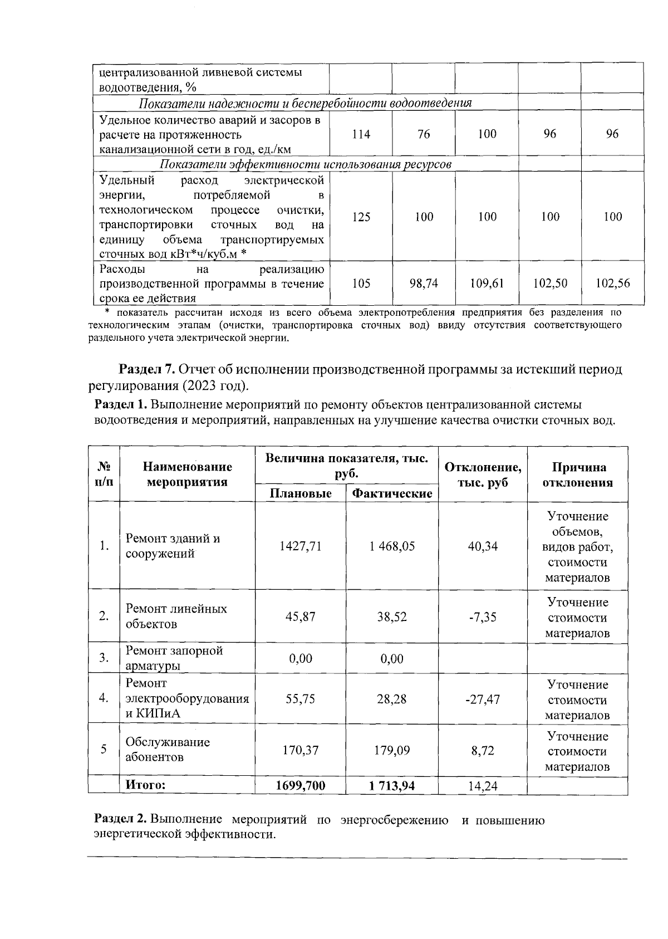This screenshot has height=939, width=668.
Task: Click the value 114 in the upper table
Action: (x=361, y=134)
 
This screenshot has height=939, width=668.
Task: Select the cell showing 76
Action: (x=424, y=134)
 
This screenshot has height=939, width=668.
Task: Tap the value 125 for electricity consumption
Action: (x=361, y=217)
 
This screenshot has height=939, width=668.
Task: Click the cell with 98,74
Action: (x=424, y=283)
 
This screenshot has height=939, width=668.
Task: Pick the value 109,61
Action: (x=487, y=283)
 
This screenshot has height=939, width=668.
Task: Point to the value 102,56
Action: (x=612, y=283)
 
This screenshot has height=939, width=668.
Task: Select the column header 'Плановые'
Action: (x=301, y=493)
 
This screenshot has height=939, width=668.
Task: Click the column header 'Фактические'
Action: (x=392, y=493)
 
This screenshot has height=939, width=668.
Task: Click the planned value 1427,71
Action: (x=301, y=546)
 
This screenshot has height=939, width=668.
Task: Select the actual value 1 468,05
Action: (x=392, y=546)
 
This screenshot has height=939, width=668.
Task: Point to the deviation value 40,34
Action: (x=483, y=546)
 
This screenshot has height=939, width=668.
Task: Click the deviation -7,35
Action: (x=483, y=617)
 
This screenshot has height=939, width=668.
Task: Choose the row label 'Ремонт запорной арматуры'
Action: (x=174, y=658)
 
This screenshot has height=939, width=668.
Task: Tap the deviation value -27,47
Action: (x=483, y=700)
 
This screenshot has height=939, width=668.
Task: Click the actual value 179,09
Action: (x=392, y=751)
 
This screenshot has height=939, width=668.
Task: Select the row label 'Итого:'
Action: (x=145, y=785)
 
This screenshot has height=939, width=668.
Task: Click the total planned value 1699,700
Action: (x=301, y=786)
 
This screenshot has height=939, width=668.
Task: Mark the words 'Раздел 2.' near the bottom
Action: (x=120, y=820)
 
